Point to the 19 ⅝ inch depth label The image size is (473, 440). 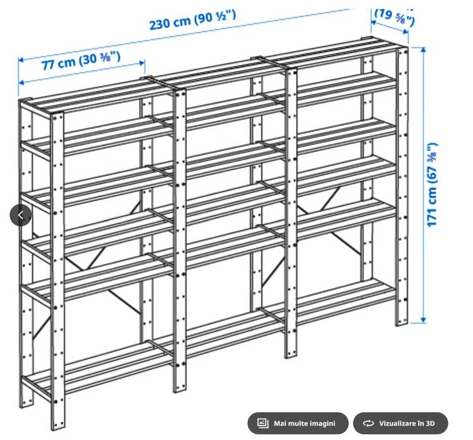394,16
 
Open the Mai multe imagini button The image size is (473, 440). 298,423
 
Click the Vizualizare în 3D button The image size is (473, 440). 400,423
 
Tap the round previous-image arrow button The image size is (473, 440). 20,215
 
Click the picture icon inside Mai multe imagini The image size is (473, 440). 264,423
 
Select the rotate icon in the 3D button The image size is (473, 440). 369,423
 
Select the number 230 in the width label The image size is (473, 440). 161,24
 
